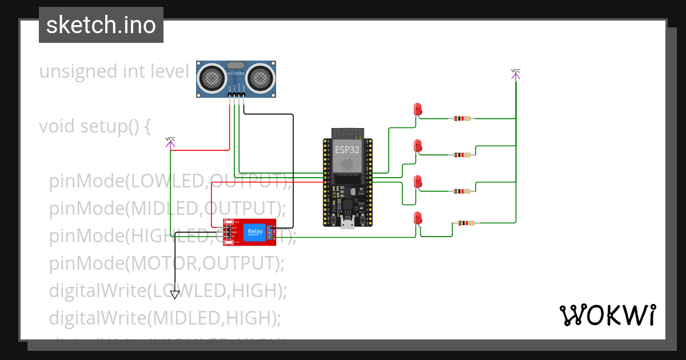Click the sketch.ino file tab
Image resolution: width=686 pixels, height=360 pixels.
pyautogui.click(x=101, y=25)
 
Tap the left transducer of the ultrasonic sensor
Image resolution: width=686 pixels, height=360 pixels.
pyautogui.click(x=212, y=77)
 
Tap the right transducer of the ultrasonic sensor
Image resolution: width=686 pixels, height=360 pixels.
pyautogui.click(x=262, y=77)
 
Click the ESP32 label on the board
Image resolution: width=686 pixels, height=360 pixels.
pyautogui.click(x=346, y=150)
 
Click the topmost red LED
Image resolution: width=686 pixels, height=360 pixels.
pyautogui.click(x=418, y=109)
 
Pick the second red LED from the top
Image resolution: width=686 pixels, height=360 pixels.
pyautogui.click(x=418, y=145)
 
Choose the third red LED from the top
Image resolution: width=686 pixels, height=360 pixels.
pyautogui.click(x=418, y=182)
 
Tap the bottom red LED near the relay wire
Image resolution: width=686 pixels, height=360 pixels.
pyautogui.click(x=418, y=218)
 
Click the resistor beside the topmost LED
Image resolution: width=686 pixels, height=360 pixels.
pyautogui.click(x=462, y=119)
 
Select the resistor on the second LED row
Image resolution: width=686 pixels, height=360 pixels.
pyautogui.click(x=462, y=155)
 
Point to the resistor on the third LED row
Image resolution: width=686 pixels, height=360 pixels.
pyautogui.click(x=462, y=191)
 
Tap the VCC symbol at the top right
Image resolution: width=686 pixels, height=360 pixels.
pyautogui.click(x=516, y=73)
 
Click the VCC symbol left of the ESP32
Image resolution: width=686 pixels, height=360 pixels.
pyautogui.click(x=170, y=141)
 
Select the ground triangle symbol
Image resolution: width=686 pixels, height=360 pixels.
pyautogui.click(x=175, y=295)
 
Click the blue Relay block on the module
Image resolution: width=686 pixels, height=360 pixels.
pyautogui.click(x=255, y=232)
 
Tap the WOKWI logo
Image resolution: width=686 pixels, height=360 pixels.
pyautogui.click(x=607, y=315)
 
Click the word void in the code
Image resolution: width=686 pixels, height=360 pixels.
pyautogui.click(x=58, y=126)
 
